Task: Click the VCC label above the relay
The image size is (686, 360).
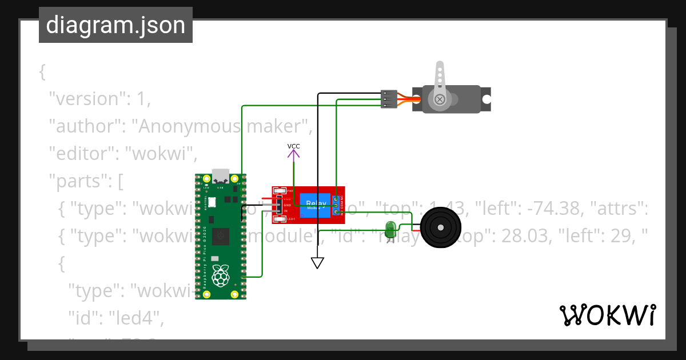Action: (293, 146)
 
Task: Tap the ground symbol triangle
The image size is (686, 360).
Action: (317, 263)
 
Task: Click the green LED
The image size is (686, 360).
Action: (390, 229)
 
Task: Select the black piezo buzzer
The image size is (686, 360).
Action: (440, 228)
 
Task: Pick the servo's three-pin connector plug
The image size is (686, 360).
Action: (389, 99)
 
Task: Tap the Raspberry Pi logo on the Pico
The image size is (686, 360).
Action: (221, 277)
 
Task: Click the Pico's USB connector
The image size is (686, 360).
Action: (220, 175)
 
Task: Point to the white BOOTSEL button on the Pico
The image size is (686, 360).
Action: (212, 202)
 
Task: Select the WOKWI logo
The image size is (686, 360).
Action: (607, 315)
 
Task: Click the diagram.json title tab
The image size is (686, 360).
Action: (115, 26)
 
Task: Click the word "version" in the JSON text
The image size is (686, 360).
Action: (86, 99)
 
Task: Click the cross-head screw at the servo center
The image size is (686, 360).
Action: (440, 99)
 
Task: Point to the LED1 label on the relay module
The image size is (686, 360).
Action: (290, 219)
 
